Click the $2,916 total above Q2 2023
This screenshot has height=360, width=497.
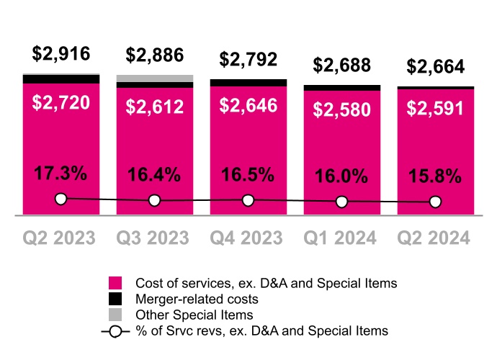pyautogui.click(x=61, y=54)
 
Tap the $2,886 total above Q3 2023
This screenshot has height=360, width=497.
pyautogui.click(x=155, y=55)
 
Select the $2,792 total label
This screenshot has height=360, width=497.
pyautogui.click(x=248, y=59)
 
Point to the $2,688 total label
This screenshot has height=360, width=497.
pyautogui.click(x=342, y=66)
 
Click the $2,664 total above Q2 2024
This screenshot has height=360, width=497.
pyautogui.click(x=436, y=67)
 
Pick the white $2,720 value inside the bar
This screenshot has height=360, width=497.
pyautogui.click(x=61, y=102)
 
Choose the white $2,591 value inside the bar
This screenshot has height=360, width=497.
pyautogui.click(x=436, y=108)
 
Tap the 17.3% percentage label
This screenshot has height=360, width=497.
pyautogui.click(x=61, y=174)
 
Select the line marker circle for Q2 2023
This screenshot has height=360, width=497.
pyautogui.click(x=61, y=199)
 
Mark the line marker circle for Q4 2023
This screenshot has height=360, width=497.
pyautogui.click(x=248, y=200)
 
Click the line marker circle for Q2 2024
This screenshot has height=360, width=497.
pyautogui.click(x=436, y=202)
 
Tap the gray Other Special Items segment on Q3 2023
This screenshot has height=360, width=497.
pyautogui.click(x=155, y=78)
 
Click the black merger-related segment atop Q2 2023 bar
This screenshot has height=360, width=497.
pyautogui.click(x=61, y=78)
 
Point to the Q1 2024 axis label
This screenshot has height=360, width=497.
pyautogui.click(x=342, y=238)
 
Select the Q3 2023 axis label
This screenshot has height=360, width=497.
pyautogui.click(x=155, y=238)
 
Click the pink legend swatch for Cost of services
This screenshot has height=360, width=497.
pyautogui.click(x=115, y=283)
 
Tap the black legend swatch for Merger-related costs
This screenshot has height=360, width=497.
pyautogui.click(x=115, y=299)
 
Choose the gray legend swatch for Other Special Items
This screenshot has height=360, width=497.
pyautogui.click(x=115, y=315)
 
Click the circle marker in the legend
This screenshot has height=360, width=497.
pyautogui.click(x=115, y=331)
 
